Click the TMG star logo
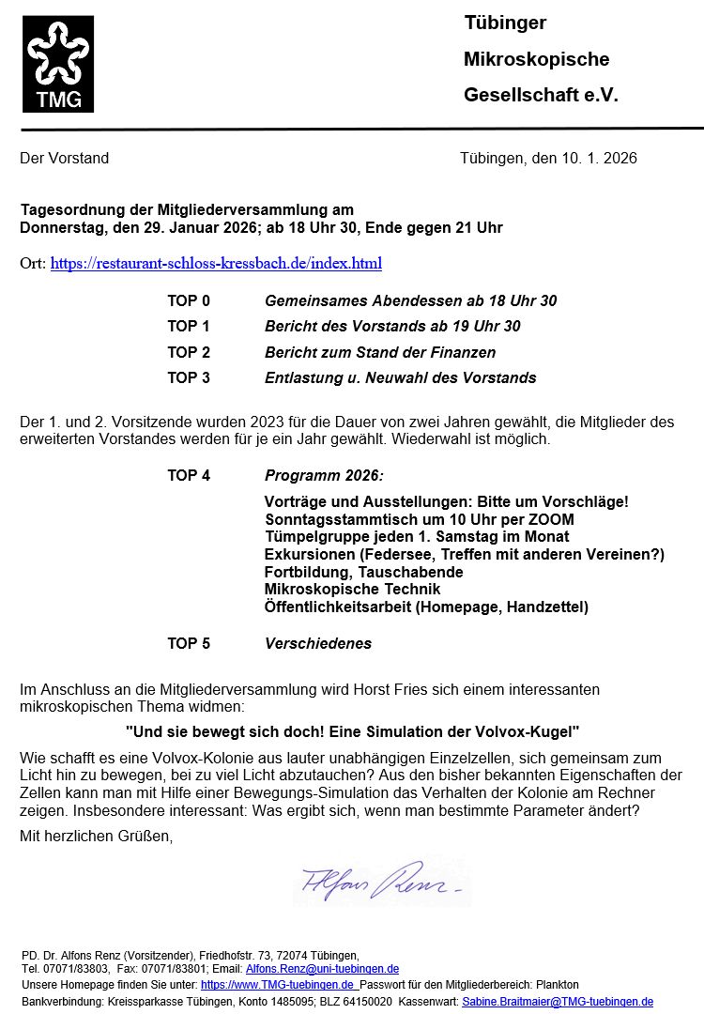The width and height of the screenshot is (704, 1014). [58, 63]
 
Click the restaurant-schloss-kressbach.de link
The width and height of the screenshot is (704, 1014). [216, 263]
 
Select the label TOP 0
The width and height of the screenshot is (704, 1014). [189, 300]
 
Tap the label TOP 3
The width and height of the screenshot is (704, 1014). [189, 377]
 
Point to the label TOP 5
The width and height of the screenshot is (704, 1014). [189, 643]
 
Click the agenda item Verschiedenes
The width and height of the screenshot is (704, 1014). [318, 643]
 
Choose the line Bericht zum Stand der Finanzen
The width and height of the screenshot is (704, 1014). [380, 352]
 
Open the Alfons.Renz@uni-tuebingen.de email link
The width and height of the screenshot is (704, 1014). [322, 968]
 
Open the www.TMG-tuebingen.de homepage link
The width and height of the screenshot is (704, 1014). [278, 985]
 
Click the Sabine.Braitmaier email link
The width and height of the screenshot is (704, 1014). [558, 1002]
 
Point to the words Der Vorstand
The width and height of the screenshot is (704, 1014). [64, 158]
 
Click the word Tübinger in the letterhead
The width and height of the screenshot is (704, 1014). [505, 23]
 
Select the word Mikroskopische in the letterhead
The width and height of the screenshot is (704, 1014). [536, 59]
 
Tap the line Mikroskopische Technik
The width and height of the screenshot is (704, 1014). [352, 589]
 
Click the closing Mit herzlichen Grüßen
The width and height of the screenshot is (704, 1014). [97, 836]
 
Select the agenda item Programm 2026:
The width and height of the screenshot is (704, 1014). [324, 475]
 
